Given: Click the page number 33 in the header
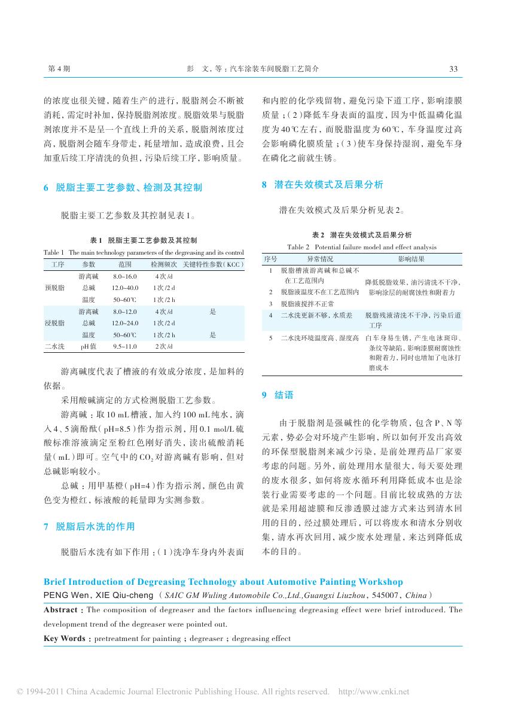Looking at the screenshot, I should (x=453, y=69).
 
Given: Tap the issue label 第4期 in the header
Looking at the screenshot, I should (x=59, y=69).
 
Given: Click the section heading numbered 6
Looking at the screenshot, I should (x=123, y=188).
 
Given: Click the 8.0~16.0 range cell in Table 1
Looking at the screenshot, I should (x=125, y=277).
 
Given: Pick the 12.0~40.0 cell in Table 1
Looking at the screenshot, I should (x=125, y=288).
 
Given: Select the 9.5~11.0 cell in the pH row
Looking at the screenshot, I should (x=125, y=346).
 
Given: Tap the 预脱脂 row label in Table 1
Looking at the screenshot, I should (x=54, y=288).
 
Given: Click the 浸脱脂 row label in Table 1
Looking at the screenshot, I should (x=54, y=323).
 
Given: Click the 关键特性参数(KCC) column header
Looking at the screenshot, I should (x=213, y=264).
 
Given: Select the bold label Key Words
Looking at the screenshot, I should (x=64, y=639).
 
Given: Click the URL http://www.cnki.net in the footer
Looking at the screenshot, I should (x=374, y=692).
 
